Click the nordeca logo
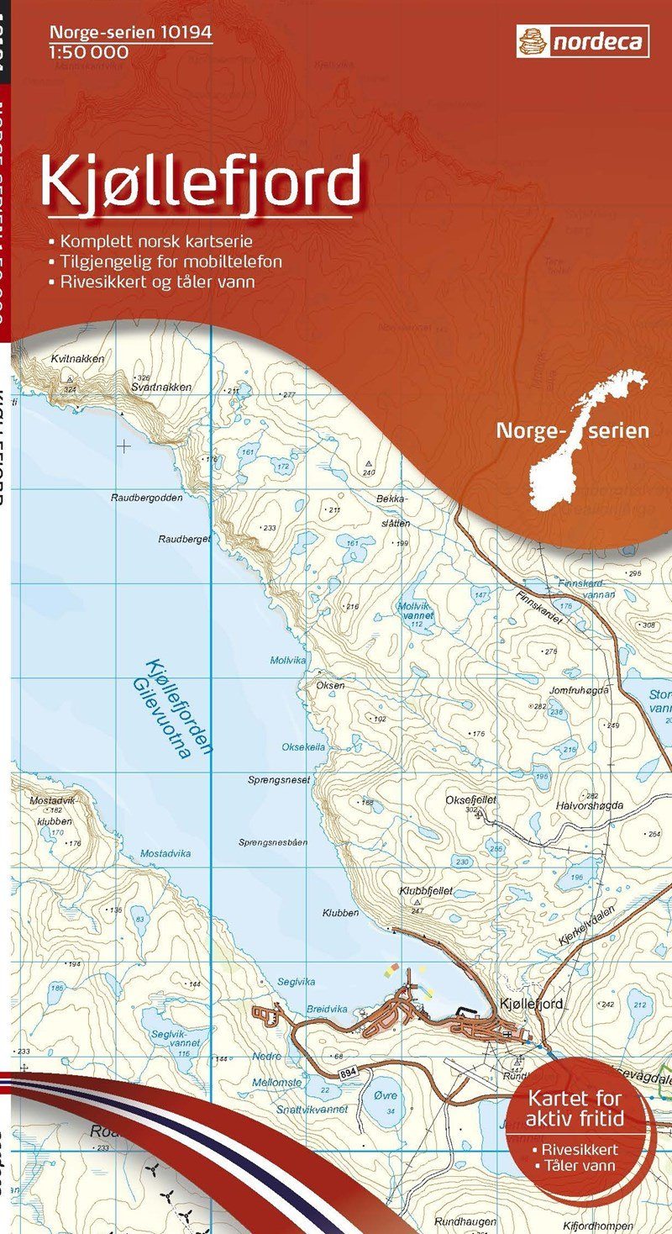coord(582,40)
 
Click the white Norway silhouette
coord(580,437)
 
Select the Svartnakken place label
coord(161,388)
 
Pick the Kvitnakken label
coord(77,359)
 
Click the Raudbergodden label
coord(146,498)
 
